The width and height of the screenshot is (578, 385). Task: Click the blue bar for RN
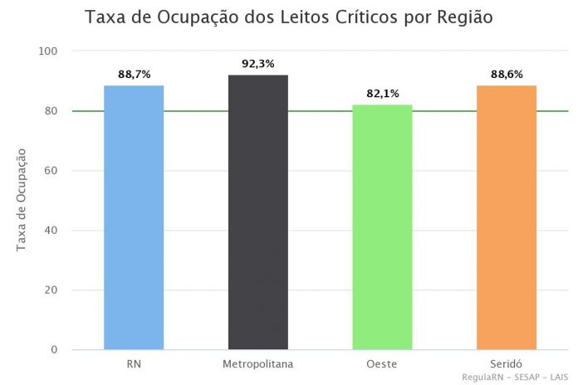pos(134,217)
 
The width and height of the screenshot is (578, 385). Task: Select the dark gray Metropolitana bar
pos(258,212)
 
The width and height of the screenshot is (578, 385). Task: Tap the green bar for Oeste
pos(382,227)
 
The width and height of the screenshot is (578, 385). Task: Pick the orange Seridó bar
pos(507,217)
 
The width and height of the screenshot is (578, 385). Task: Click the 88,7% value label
pos(134,75)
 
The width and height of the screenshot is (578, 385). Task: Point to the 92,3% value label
pos(258,64)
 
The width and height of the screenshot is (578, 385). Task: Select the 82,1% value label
pos(382,94)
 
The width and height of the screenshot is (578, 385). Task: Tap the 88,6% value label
pos(507,75)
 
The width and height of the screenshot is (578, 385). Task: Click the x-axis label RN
pos(134,364)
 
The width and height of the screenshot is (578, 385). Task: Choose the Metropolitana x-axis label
pos(258,364)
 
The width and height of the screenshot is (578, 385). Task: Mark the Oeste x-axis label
pos(382,364)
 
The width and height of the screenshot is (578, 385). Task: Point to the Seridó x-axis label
pos(507,364)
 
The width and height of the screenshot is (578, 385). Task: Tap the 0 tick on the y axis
pos(55,350)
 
